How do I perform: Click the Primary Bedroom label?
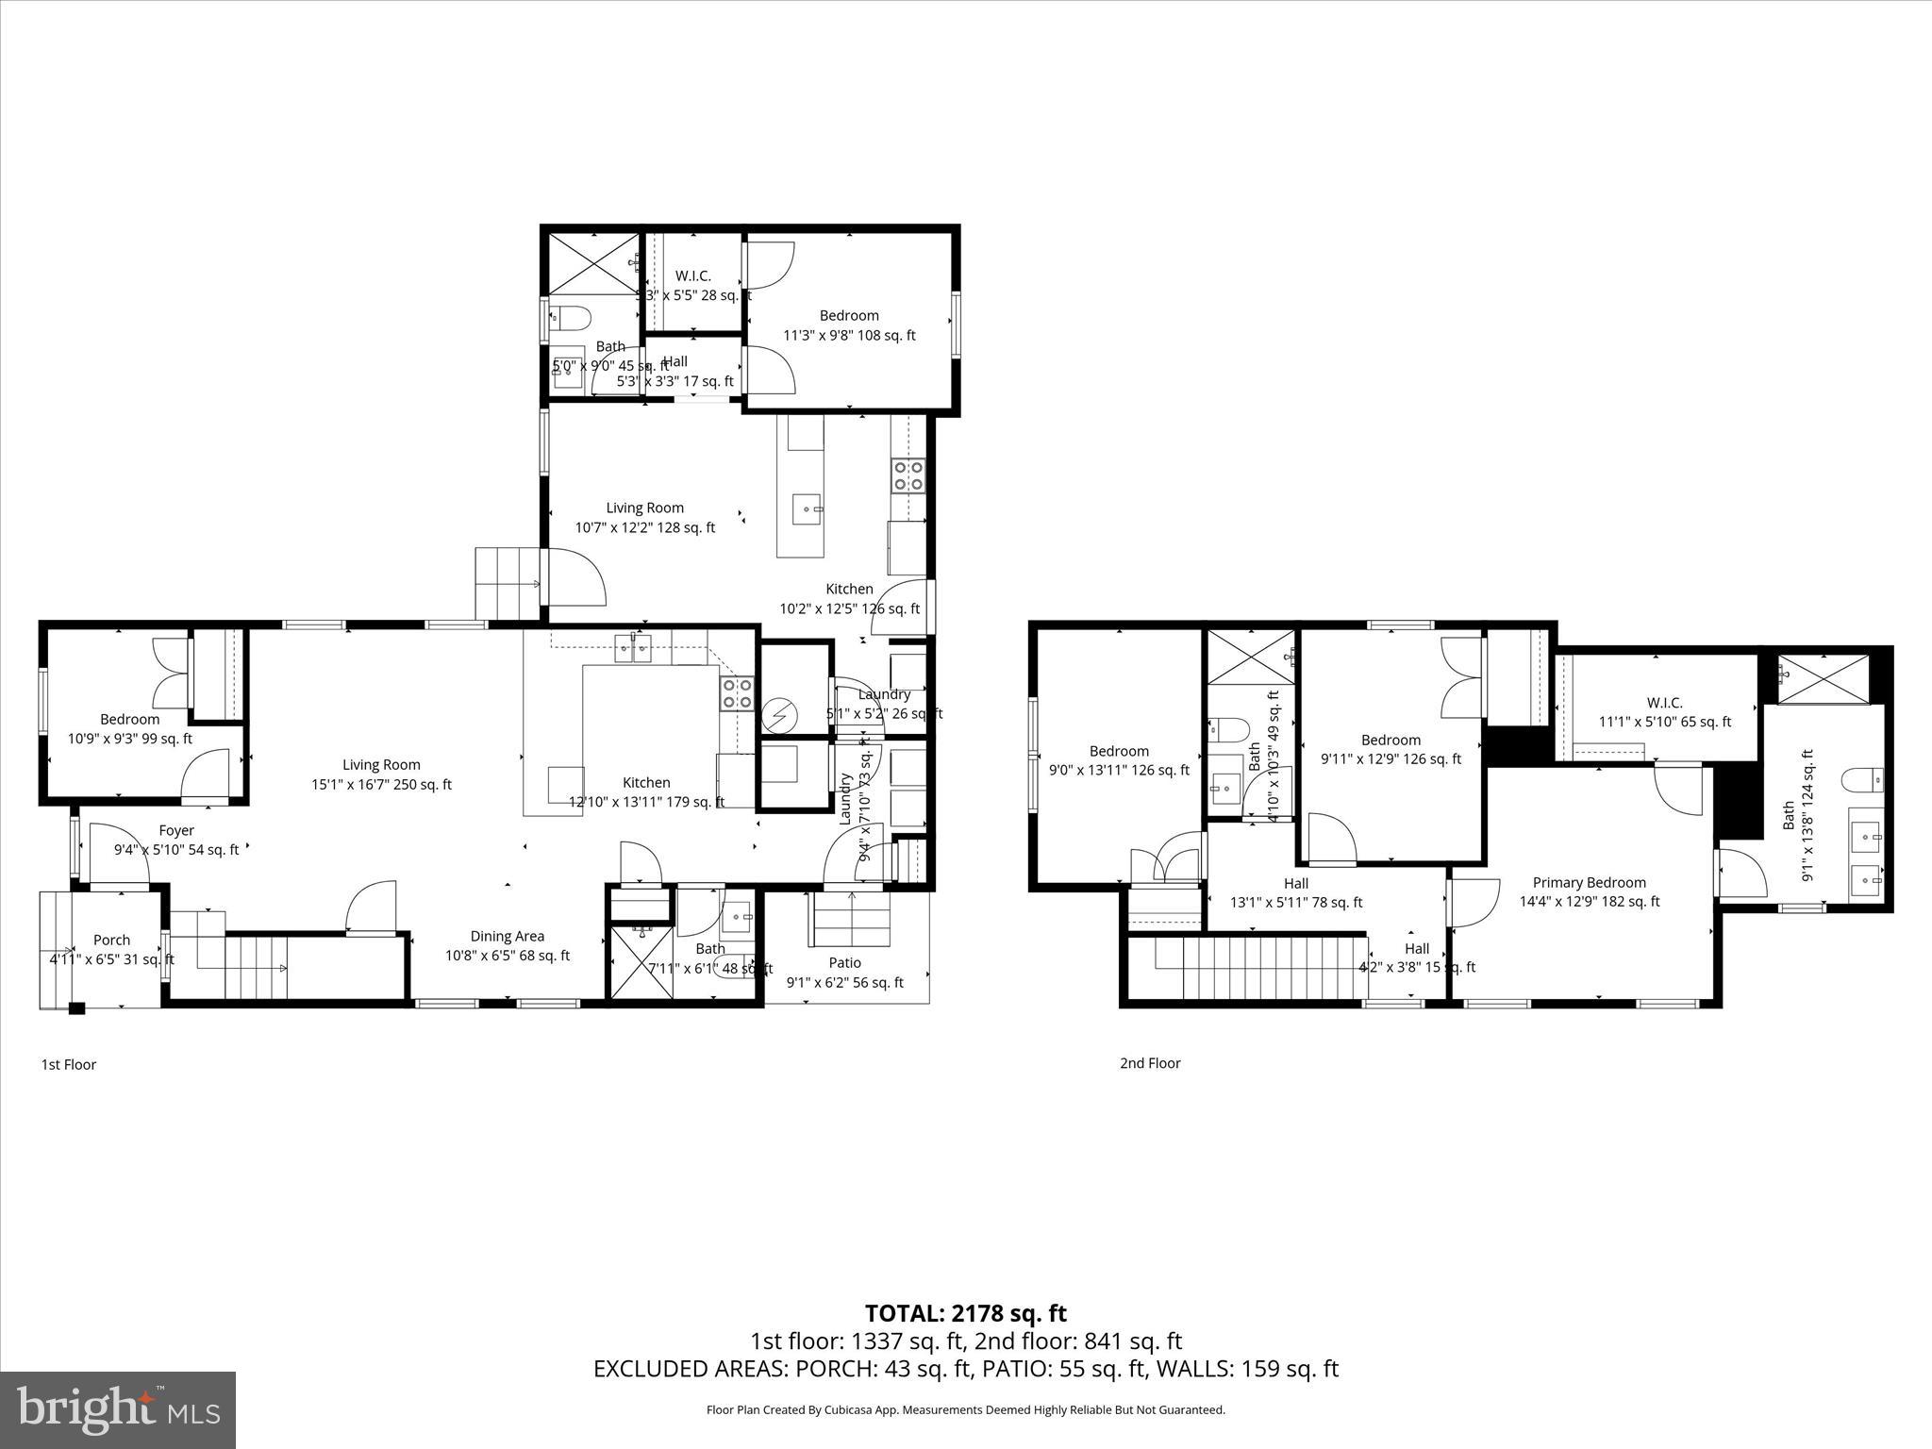point(1589,883)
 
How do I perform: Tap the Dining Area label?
point(508,937)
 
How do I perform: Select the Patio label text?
point(845,963)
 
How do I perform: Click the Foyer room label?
point(176,831)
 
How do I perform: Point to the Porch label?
point(111,941)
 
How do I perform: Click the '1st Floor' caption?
point(68,1065)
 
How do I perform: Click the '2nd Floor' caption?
point(1150,1063)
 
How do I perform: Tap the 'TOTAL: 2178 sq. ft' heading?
point(965,1313)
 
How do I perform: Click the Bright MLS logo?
point(118,1410)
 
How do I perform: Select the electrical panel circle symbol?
point(780,717)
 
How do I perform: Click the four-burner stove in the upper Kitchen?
point(908,475)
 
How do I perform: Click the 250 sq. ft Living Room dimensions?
point(382,785)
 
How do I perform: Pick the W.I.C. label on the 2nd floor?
point(1665,704)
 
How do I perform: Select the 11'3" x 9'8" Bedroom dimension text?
point(849,336)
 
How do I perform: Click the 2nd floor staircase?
point(1259,966)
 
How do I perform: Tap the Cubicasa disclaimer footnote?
point(965,1410)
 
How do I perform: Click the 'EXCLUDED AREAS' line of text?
point(965,1369)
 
